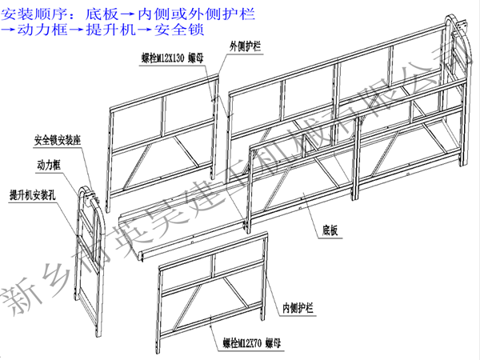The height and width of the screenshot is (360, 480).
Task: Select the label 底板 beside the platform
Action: pyautogui.click(x=330, y=230)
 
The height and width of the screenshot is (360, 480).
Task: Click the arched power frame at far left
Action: pyautogui.click(x=89, y=256)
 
